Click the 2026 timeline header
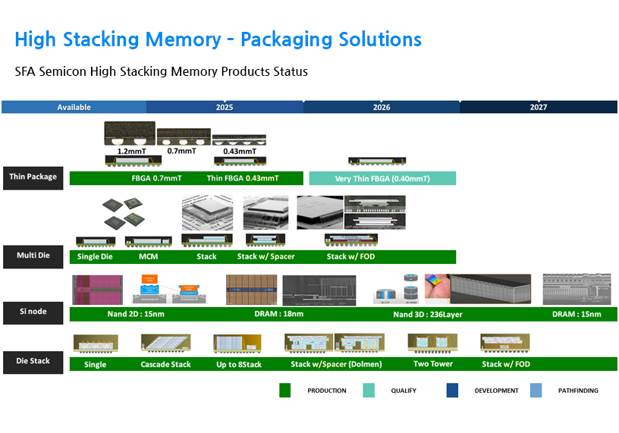pyautogui.click(x=382, y=107)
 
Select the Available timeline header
pyautogui.click(x=74, y=107)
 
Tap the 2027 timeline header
pyautogui.click(x=538, y=107)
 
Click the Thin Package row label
pyautogui.click(x=33, y=177)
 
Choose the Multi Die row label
pyautogui.click(x=33, y=256)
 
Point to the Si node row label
pyautogui.click(x=33, y=312)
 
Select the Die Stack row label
pyautogui.click(x=33, y=361)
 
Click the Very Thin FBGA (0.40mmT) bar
pyautogui.click(x=382, y=179)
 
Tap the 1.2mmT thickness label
pyautogui.click(x=126, y=151)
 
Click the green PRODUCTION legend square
pyautogui.click(x=285, y=391)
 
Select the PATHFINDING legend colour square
pyautogui.click(x=537, y=391)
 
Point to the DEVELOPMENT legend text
pyautogui.click(x=496, y=391)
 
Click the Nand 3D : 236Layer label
pyautogui.click(x=427, y=314)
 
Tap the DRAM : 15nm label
pyautogui.click(x=577, y=314)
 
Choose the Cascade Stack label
pyautogui.click(x=165, y=364)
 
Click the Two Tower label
pyautogui.click(x=433, y=364)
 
